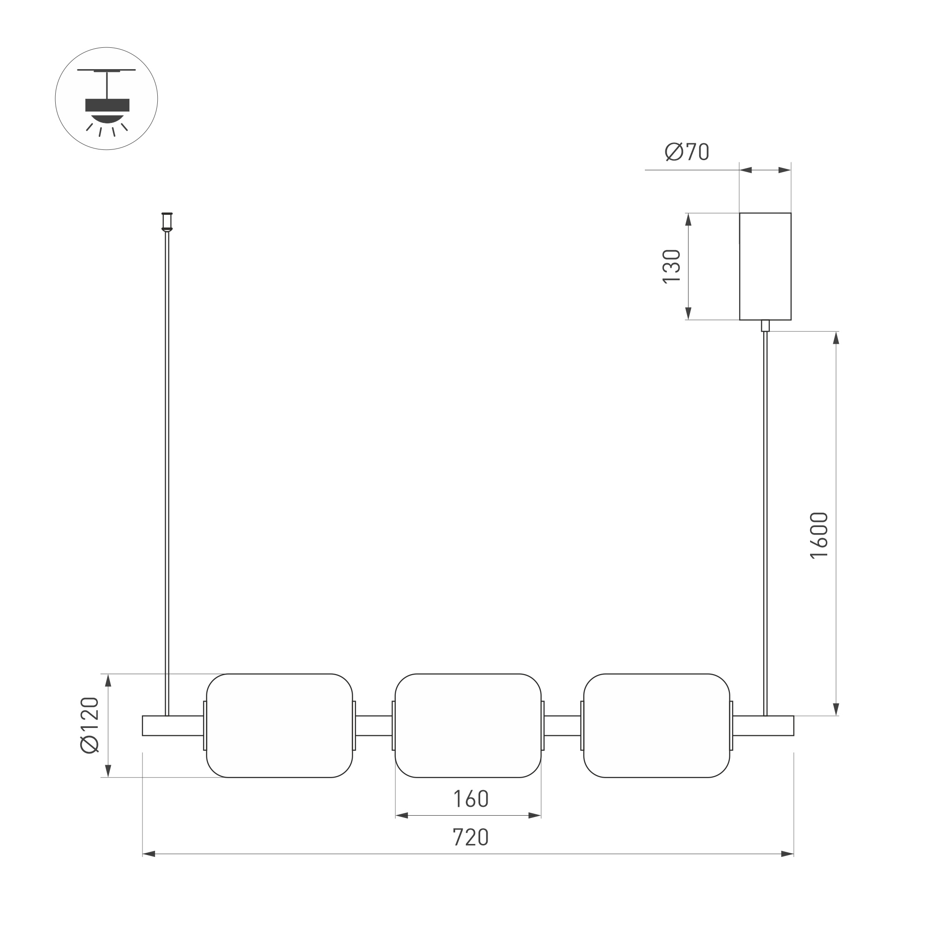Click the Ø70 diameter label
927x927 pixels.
click(x=687, y=152)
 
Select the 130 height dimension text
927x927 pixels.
click(x=671, y=266)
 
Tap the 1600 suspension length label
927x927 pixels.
click(x=819, y=535)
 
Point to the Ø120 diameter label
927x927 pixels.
click(x=90, y=726)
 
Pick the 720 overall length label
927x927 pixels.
click(x=471, y=837)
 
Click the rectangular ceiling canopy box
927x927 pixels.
click(x=765, y=266)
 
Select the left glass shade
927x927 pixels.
click(x=279, y=726)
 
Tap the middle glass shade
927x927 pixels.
click(x=468, y=726)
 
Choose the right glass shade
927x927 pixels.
click(x=657, y=726)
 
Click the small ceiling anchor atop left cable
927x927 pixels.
click(x=167, y=221)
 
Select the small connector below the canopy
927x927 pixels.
click(x=765, y=325)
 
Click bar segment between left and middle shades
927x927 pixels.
click(x=374, y=726)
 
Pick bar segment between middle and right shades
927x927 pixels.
click(x=562, y=726)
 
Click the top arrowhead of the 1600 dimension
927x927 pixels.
click(x=836, y=338)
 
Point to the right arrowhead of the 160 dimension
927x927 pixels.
click(x=534, y=815)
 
